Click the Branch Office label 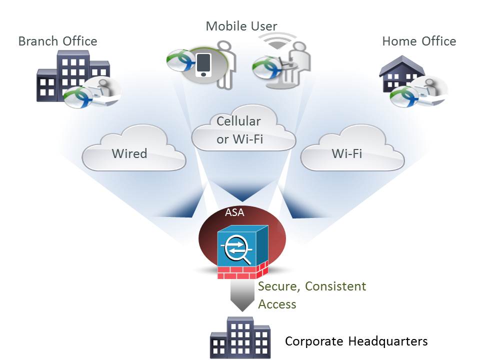click(x=57, y=41)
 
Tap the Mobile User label click(x=241, y=26)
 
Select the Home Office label click(x=419, y=41)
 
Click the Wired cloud click(x=130, y=153)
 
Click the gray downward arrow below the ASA click(x=242, y=295)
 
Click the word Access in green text click(x=277, y=304)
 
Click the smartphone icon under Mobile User click(x=203, y=65)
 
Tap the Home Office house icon click(x=400, y=75)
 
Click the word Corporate click(x=313, y=341)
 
